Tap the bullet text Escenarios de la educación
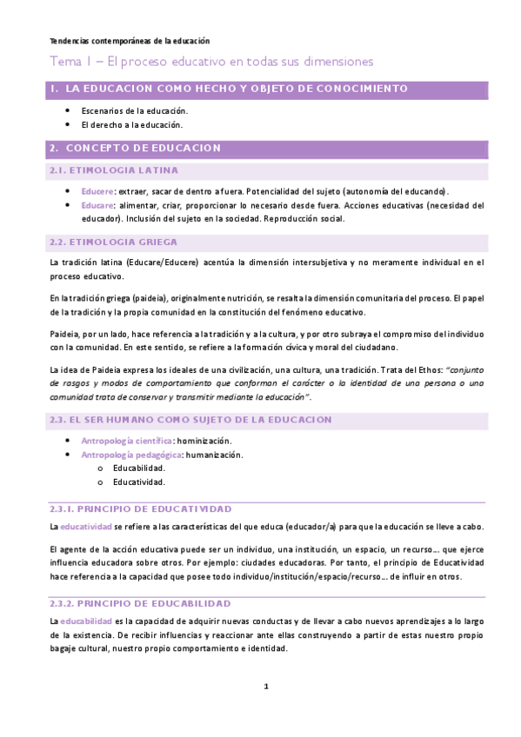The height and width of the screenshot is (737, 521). [135, 111]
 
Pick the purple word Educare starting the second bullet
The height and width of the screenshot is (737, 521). [97, 205]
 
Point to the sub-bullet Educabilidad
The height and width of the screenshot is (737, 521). [139, 468]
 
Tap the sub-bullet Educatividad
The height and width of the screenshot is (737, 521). [139, 481]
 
